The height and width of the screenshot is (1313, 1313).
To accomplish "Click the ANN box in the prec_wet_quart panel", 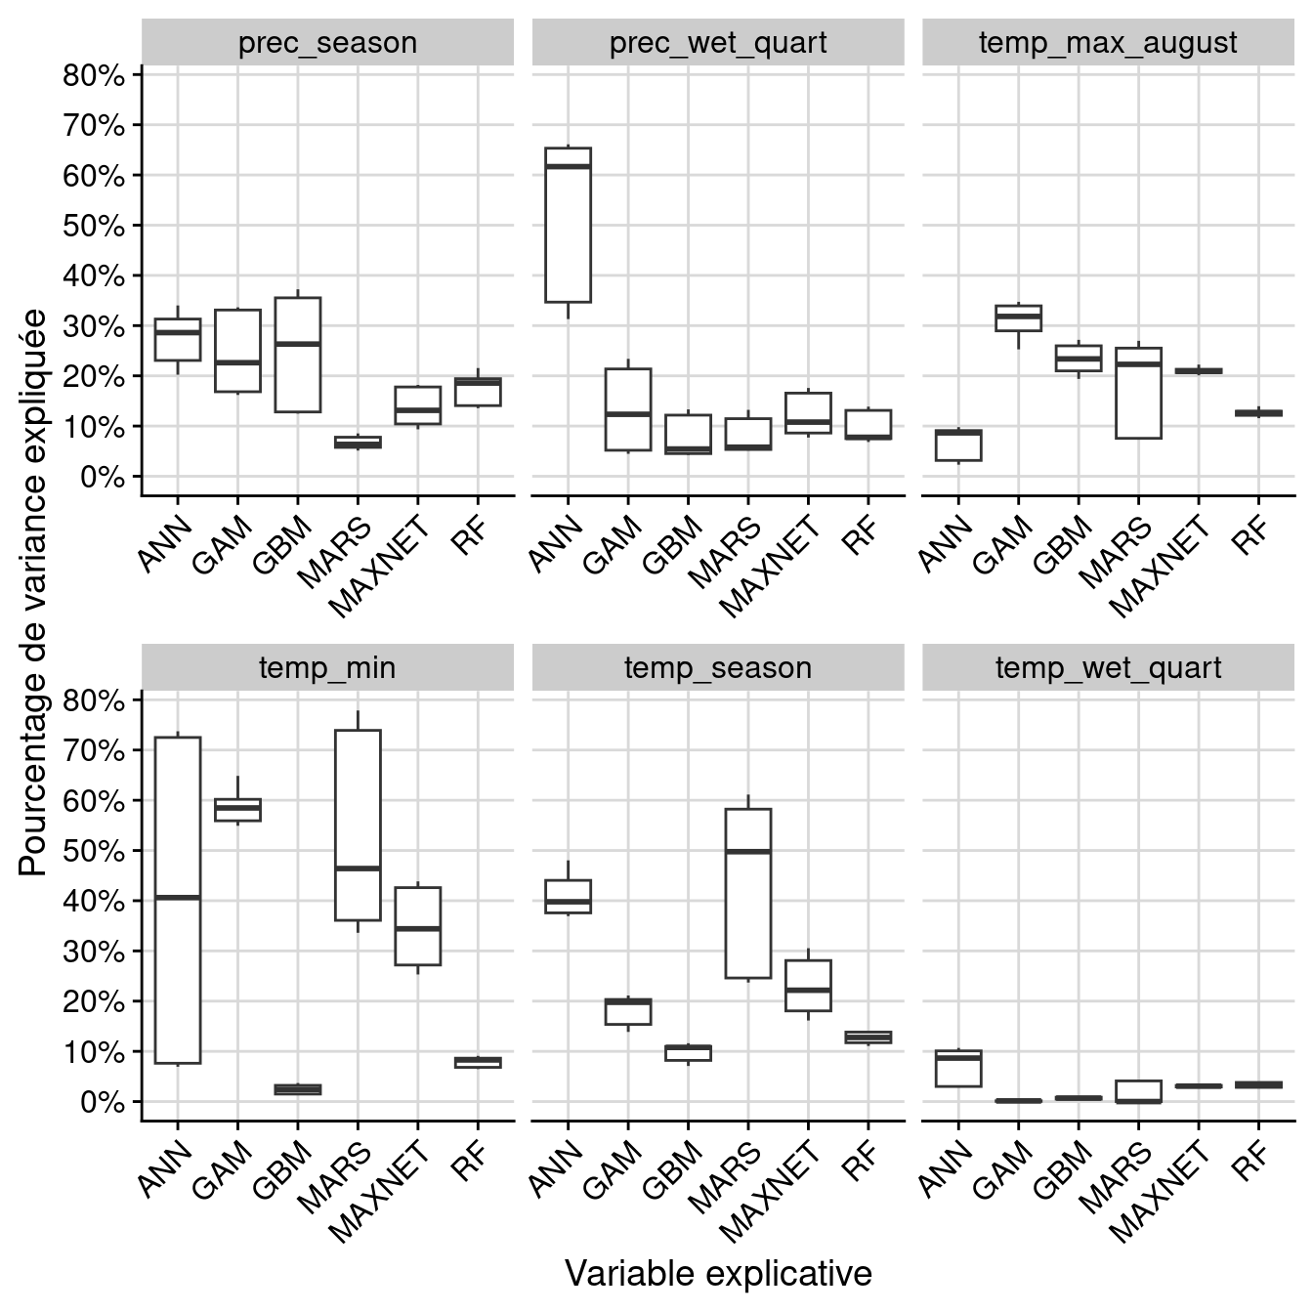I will [568, 225].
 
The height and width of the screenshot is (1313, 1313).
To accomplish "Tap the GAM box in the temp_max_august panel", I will [1018, 318].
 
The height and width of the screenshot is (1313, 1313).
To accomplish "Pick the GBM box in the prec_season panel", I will [298, 355].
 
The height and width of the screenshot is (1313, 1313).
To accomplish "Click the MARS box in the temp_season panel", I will [748, 893].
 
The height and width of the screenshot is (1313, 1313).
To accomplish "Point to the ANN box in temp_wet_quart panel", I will [958, 1068].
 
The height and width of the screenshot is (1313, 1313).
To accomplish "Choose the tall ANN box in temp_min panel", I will [178, 900].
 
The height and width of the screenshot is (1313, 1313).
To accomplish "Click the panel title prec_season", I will [327, 43].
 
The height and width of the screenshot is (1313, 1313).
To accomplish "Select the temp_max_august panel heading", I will [1108, 43].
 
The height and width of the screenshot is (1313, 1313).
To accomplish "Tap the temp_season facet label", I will [718, 668].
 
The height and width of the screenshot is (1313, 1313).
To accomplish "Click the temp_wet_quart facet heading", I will [1108, 668].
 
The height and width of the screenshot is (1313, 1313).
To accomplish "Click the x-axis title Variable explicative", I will [718, 1274].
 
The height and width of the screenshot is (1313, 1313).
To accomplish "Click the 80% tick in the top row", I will [94, 75].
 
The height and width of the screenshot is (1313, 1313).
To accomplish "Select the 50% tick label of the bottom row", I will [94, 851].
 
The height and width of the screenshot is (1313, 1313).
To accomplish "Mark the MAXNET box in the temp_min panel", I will [417, 926].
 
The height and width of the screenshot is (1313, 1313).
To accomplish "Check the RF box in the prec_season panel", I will [478, 391].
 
